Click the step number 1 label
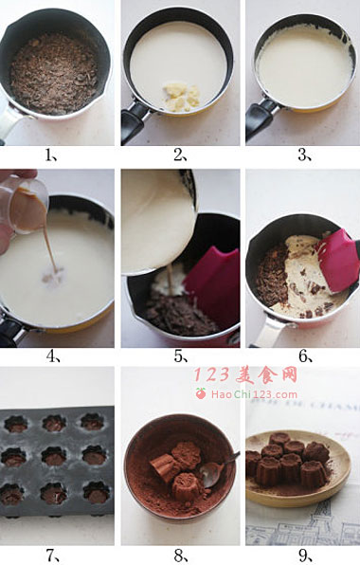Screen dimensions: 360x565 52,155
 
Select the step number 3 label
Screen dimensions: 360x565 304,155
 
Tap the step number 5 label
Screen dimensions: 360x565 181,356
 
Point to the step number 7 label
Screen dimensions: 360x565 53,556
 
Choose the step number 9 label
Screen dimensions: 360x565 305,556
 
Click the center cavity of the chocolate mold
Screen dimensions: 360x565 54,456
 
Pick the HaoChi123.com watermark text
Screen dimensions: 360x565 254,394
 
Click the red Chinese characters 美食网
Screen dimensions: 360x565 266,375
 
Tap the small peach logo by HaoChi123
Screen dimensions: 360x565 201,393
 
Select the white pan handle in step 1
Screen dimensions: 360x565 10,122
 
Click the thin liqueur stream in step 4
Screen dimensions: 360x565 49,248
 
